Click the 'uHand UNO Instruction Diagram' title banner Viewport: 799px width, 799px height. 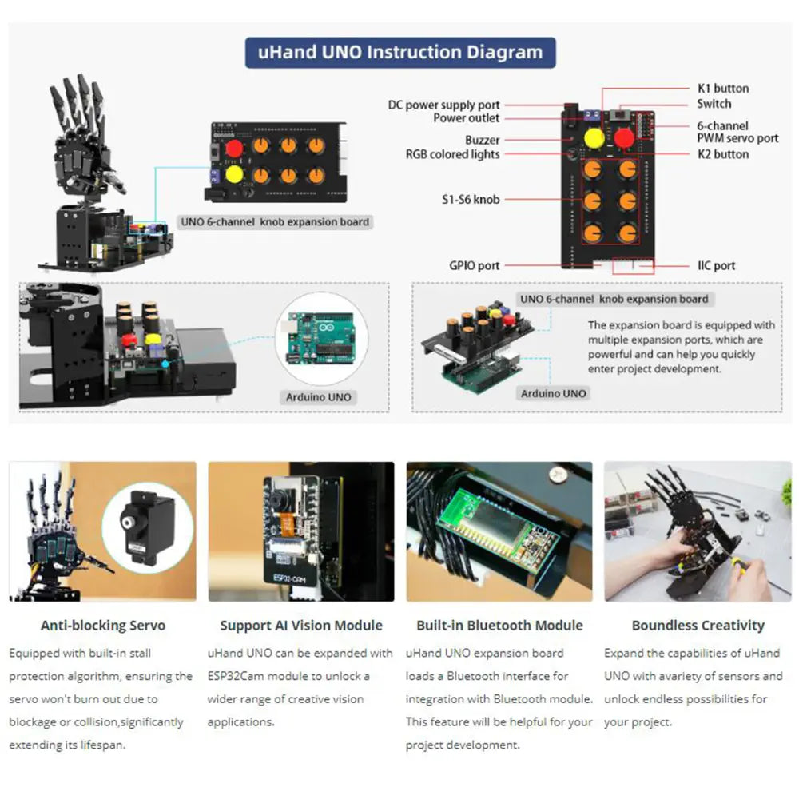[400, 53]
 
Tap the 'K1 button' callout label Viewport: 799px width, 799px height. [719, 89]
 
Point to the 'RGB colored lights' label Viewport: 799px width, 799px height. [452, 154]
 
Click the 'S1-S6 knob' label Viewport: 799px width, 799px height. [471, 199]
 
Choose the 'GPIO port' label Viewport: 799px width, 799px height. [474, 265]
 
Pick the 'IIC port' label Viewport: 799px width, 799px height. [715, 265]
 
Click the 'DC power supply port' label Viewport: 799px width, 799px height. [443, 105]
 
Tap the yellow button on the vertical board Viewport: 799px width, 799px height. [593, 138]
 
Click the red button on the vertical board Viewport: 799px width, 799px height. [624, 138]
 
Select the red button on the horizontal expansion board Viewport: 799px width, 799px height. [234, 148]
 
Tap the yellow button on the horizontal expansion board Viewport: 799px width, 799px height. [234, 173]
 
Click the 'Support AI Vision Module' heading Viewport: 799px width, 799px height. [300, 626]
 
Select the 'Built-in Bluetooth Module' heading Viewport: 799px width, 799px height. [499, 626]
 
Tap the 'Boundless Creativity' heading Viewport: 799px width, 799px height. [698, 626]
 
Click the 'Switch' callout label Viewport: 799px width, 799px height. [714, 104]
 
